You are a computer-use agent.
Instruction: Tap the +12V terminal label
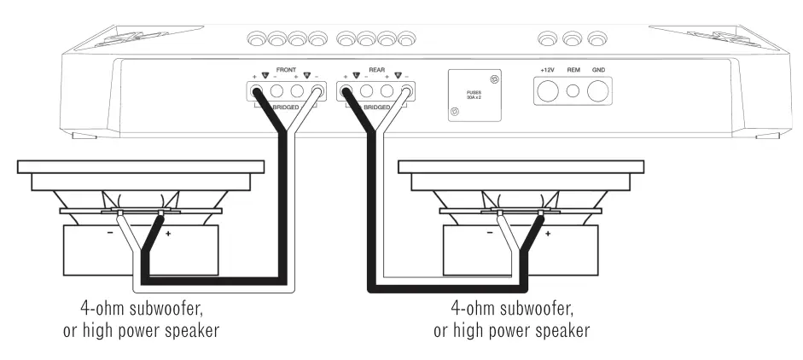coord(548,69)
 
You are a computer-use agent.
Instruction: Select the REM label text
coord(574,69)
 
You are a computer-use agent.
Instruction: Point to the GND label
coord(599,69)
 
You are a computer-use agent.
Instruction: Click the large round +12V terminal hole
coord(548,90)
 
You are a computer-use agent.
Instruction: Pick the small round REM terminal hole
coord(573,90)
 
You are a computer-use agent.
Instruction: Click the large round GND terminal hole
coord(599,90)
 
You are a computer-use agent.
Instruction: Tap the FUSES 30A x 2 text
coord(473,95)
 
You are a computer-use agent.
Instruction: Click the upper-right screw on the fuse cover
coord(495,79)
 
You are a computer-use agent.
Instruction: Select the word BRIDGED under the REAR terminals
coord(376,107)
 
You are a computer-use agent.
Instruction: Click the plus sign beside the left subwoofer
coord(167,233)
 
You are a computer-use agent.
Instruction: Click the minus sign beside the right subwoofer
coord(489,233)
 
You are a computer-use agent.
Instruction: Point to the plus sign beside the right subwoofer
coord(548,233)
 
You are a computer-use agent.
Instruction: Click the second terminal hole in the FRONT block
coord(276,90)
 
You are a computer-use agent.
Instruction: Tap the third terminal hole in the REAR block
coord(387,90)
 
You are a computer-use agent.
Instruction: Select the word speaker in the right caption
coord(560,329)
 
